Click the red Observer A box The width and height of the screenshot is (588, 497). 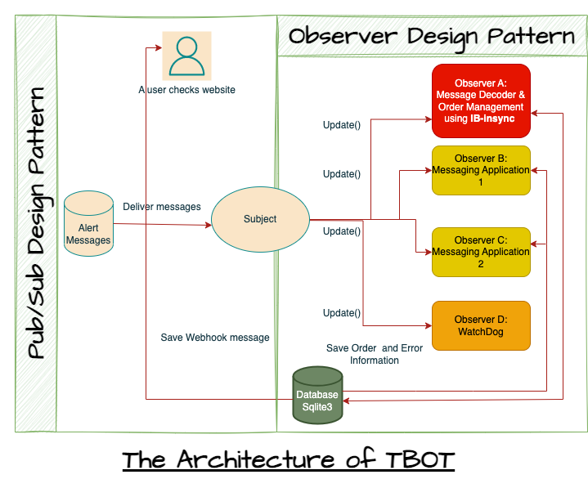(481, 101)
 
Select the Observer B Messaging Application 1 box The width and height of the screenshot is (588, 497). (481, 171)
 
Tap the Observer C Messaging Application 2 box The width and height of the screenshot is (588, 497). (481, 253)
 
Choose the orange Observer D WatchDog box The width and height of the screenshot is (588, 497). (481, 325)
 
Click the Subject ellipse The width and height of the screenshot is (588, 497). (260, 219)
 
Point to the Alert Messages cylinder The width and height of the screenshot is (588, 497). (88, 224)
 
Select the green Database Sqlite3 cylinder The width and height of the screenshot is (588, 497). (317, 396)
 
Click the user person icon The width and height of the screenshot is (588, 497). (186, 56)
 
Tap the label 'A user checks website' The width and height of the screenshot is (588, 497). (186, 90)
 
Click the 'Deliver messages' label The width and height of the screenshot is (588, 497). (162, 207)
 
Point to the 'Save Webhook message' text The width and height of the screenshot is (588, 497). (215, 338)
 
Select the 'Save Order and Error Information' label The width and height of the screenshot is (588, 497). (375, 354)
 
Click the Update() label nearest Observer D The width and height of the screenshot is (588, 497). (342, 313)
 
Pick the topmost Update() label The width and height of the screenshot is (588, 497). (342, 125)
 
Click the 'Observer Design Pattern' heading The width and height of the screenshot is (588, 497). (432, 38)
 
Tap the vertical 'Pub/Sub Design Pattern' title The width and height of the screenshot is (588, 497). (36, 223)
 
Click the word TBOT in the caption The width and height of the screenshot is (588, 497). (420, 460)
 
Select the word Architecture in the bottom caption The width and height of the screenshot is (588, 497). (255, 459)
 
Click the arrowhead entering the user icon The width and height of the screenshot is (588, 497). (159, 47)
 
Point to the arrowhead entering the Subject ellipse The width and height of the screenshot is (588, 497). (209, 226)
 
